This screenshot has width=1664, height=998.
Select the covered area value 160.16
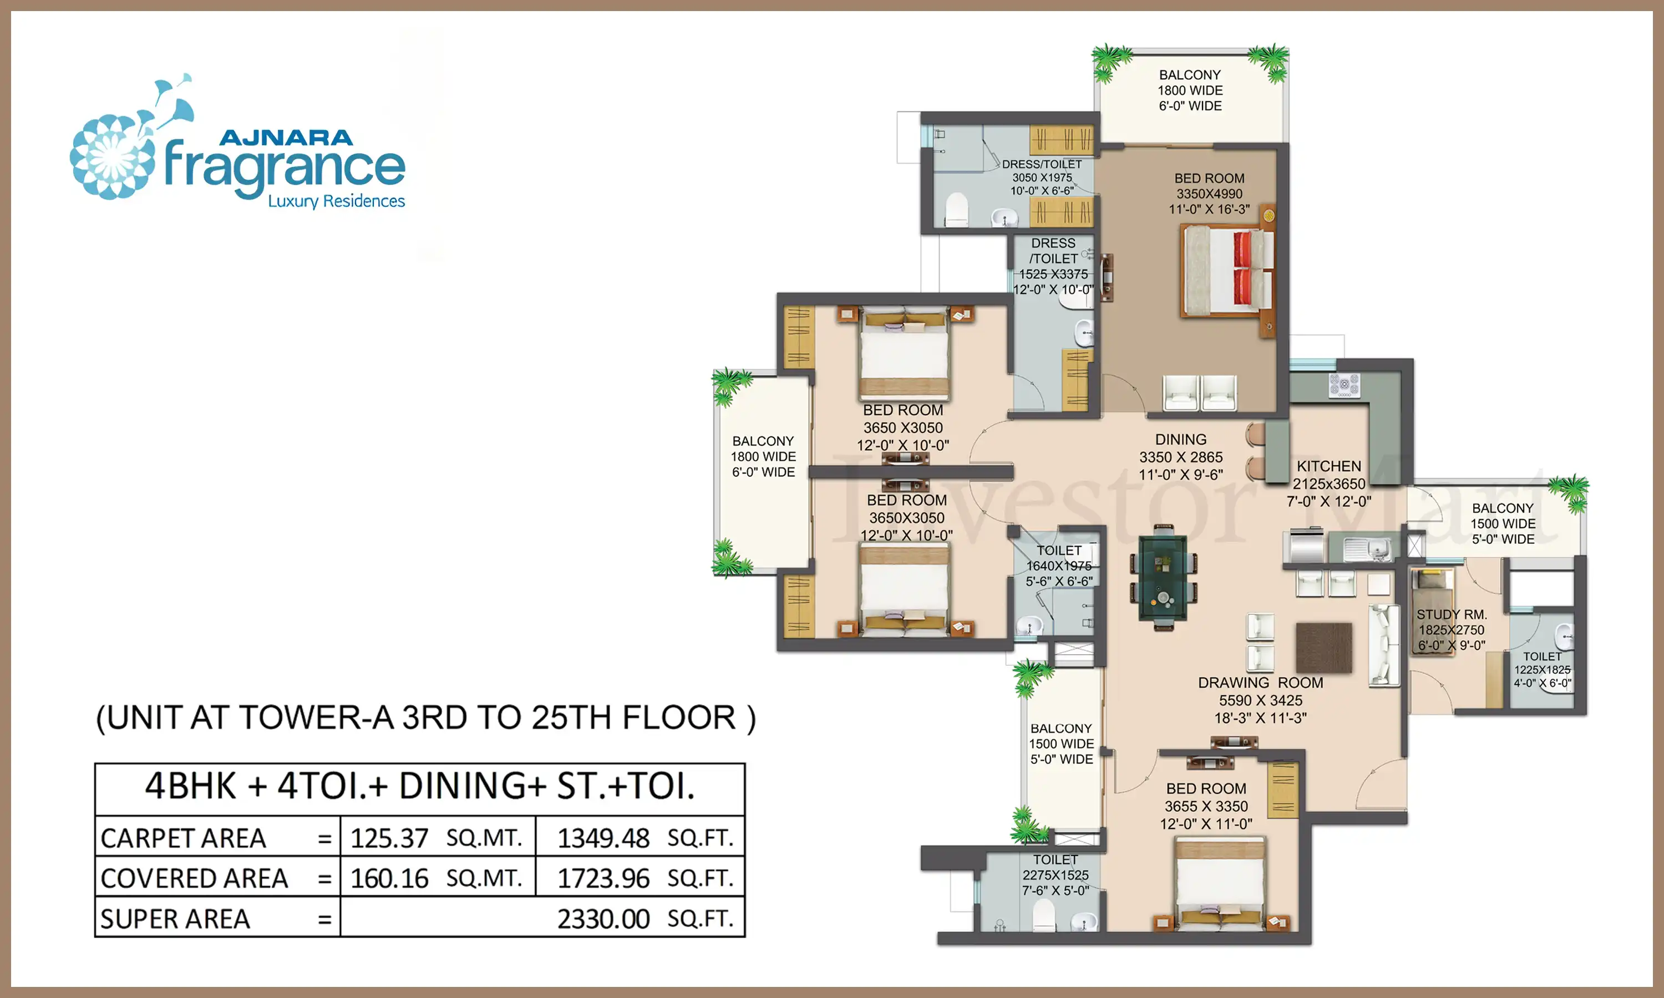pyautogui.click(x=389, y=879)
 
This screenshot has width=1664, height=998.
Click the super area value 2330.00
pyautogui.click(x=603, y=919)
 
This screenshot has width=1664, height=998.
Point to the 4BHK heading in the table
pyautogui.click(x=420, y=786)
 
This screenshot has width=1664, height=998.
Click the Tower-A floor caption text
pyautogui.click(x=426, y=718)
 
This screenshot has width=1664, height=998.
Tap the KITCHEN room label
pyautogui.click(x=1328, y=466)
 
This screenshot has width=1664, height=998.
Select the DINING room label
pyautogui.click(x=1180, y=439)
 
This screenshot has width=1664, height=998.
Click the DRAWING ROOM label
pyautogui.click(x=1260, y=683)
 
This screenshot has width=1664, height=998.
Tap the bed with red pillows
pyautogui.click(x=1228, y=271)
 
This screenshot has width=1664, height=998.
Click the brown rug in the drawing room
pyautogui.click(x=1323, y=648)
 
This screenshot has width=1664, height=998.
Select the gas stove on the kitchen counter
pyautogui.click(x=1344, y=385)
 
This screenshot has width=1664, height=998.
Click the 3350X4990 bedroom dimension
pyautogui.click(x=1209, y=194)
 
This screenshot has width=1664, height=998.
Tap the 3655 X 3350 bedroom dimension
pyautogui.click(x=1206, y=806)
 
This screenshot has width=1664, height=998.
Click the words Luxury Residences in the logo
pyautogui.click(x=336, y=201)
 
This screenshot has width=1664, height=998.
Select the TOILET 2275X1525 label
pyautogui.click(x=1056, y=868)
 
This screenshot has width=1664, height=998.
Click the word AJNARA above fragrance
pyautogui.click(x=286, y=138)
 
